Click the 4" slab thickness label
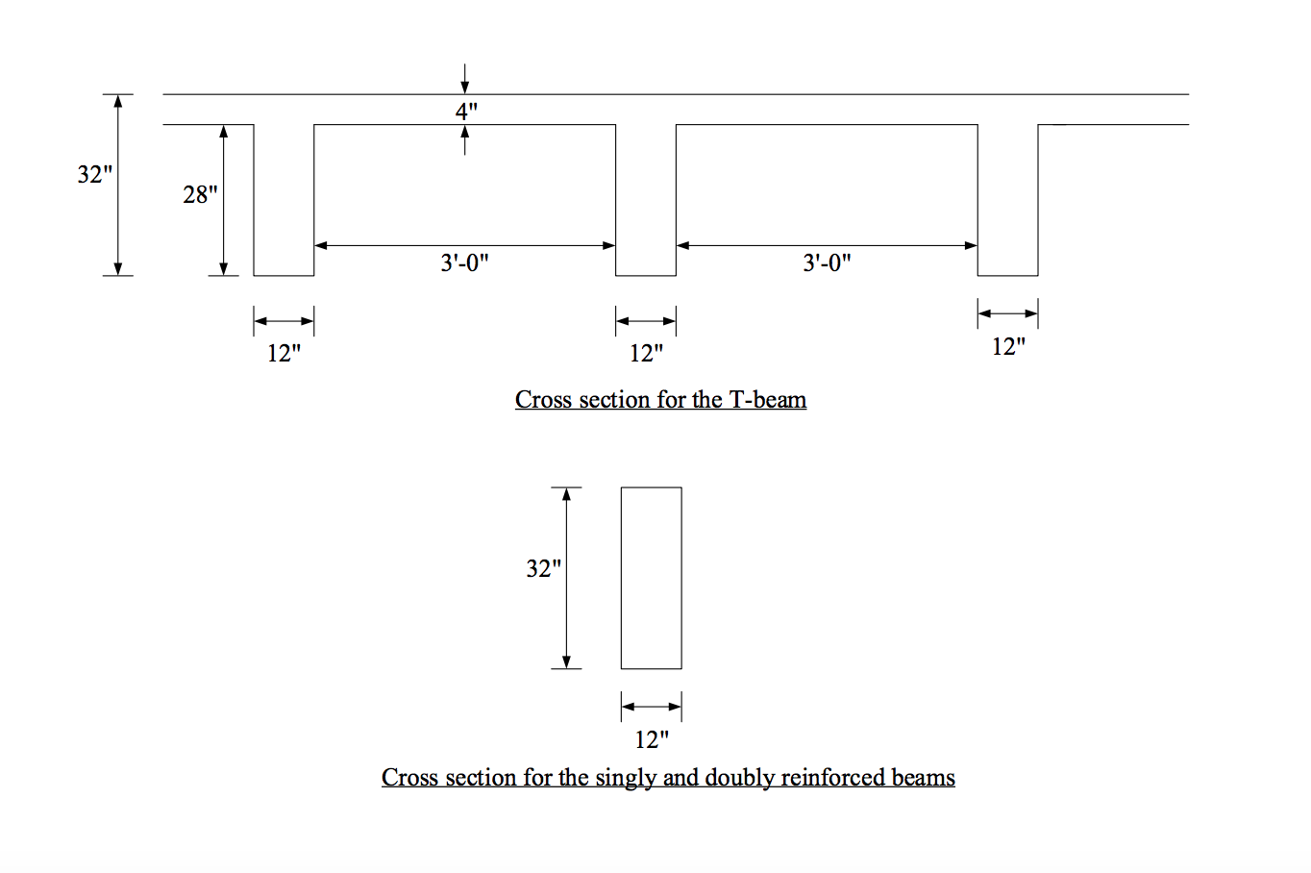click(x=466, y=112)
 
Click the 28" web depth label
click(x=200, y=195)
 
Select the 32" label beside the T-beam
click(x=95, y=175)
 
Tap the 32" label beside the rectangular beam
click(x=543, y=569)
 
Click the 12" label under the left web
click(x=284, y=354)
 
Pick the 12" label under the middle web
click(x=646, y=354)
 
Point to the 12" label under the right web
click(x=1008, y=347)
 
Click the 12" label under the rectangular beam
click(x=652, y=739)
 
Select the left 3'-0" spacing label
click(x=464, y=263)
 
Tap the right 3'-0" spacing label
click(x=827, y=263)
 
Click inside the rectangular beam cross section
click(x=652, y=578)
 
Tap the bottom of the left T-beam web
click(x=284, y=274)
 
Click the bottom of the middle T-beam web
click(x=646, y=274)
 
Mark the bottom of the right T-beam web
click(x=1008, y=274)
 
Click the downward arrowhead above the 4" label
click(x=465, y=87)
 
